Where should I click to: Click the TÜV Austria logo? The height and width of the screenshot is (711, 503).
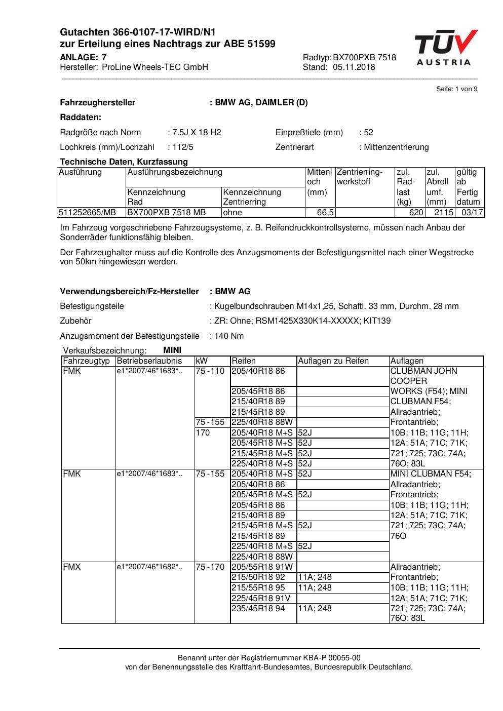(445, 48)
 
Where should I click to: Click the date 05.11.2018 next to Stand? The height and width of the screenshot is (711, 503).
(354, 67)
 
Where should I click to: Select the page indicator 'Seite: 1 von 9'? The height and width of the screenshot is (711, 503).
(456, 89)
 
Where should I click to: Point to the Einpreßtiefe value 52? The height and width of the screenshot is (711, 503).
(368, 133)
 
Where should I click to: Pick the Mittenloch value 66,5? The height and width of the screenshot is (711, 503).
(325, 213)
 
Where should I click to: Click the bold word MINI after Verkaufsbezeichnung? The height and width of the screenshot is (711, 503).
(172, 350)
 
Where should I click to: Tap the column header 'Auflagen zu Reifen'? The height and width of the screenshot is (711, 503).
(333, 361)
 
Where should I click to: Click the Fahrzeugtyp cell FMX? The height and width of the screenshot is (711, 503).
(72, 567)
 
